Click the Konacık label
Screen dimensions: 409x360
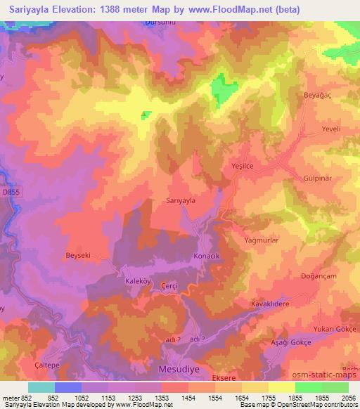point(207,257)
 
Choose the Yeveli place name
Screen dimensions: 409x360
point(330,129)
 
